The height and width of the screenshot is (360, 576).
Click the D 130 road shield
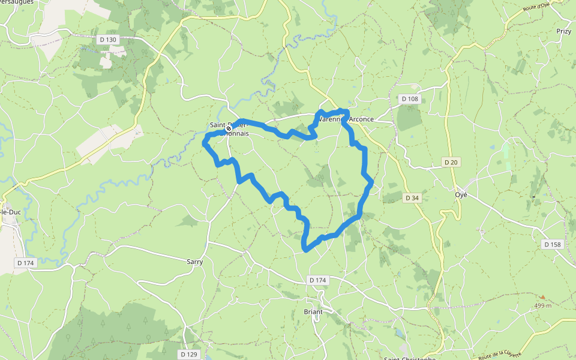109,40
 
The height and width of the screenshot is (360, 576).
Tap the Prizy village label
563,31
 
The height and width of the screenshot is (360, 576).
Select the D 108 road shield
410,98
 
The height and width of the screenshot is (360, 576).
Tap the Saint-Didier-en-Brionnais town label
229,129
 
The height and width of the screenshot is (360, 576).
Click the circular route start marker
229,128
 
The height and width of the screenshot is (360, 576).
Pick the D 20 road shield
451,162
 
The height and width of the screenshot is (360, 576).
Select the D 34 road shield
412,197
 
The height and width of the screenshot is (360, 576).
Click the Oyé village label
461,195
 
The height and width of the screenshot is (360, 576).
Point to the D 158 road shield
553,244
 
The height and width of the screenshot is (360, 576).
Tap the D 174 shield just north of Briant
318,280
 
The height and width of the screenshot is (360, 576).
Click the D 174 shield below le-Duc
26,263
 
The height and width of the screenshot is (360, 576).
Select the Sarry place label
195,262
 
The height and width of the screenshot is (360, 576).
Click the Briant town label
313,311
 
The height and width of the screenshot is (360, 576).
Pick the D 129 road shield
188,354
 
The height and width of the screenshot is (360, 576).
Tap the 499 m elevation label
543,306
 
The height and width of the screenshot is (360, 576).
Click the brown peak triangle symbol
542,297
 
